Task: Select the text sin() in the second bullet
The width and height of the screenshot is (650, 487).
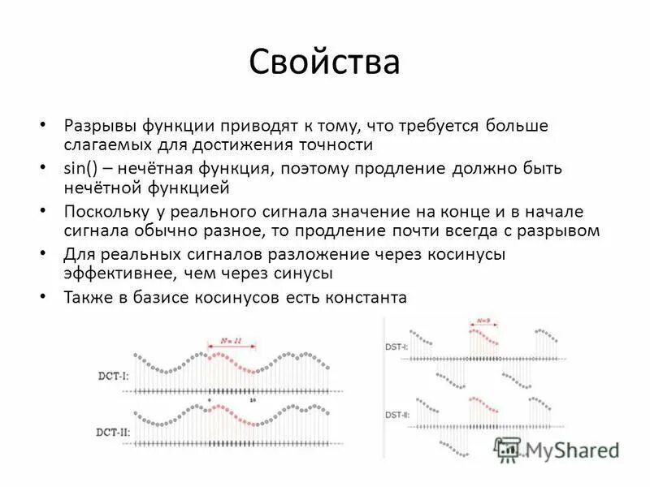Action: point(80,169)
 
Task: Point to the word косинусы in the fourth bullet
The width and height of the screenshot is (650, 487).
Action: point(466,254)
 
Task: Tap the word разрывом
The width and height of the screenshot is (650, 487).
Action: point(560,231)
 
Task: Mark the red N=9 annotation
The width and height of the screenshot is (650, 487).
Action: point(483,321)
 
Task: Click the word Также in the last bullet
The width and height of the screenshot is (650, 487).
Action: point(87,297)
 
